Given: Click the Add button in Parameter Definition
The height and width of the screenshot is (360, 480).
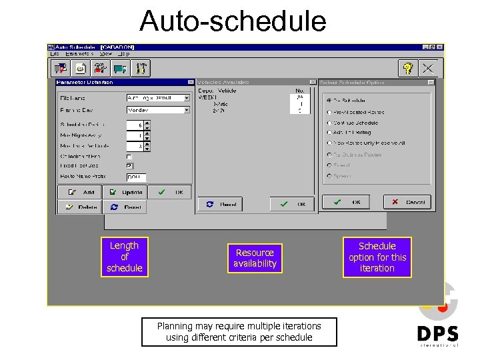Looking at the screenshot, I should click(x=79, y=192).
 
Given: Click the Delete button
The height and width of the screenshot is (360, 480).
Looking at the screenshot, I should click(x=79, y=207).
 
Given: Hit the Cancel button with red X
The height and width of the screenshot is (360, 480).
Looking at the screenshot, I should click(x=408, y=202).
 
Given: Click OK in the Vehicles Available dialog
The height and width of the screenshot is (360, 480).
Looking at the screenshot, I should click(x=292, y=204).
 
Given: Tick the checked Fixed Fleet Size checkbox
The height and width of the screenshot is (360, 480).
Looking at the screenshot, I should click(x=129, y=166).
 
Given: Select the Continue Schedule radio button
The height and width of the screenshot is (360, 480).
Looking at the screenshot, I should click(x=329, y=123).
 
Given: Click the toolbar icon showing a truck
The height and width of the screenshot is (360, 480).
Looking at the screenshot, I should click(x=121, y=68).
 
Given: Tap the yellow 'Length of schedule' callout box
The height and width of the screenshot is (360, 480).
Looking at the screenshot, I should click(x=124, y=257).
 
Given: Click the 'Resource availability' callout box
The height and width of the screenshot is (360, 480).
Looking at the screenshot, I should click(x=255, y=258).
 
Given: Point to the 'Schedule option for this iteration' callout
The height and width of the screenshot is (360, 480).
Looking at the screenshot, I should click(x=377, y=257).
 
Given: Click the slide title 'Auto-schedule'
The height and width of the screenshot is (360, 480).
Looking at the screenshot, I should click(x=233, y=21).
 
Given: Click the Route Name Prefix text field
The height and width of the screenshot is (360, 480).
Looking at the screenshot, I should click(x=136, y=177).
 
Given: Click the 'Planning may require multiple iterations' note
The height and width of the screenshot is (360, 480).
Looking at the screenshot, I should click(x=239, y=331).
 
